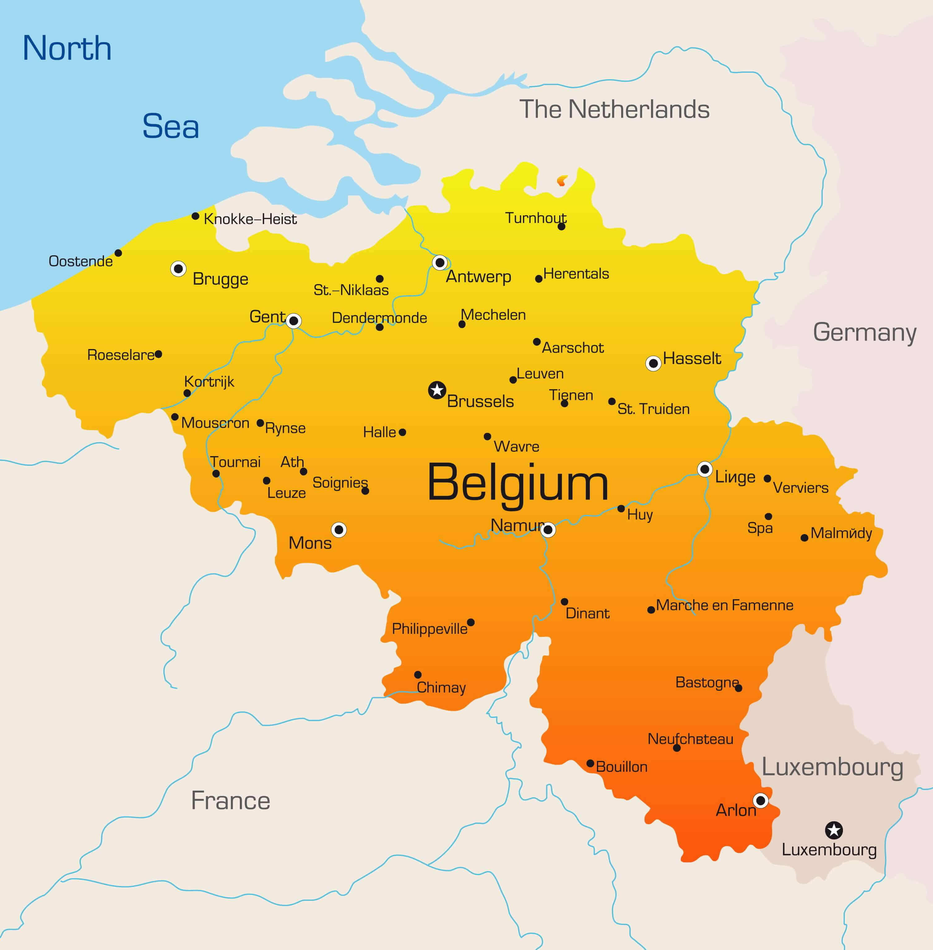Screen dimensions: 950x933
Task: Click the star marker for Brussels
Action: pyautogui.click(x=437, y=391)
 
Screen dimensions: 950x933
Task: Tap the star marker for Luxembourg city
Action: pyautogui.click(x=834, y=831)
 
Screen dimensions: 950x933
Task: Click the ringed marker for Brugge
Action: pyautogui.click(x=178, y=269)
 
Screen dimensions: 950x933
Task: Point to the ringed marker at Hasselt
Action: pyautogui.click(x=653, y=364)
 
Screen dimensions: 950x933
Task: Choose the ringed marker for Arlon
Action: pyautogui.click(x=761, y=801)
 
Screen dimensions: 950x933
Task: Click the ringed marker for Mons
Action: pyautogui.click(x=339, y=530)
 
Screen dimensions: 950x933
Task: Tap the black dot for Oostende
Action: pyautogui.click(x=118, y=253)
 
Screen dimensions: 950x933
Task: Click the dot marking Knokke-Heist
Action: pyautogui.click(x=195, y=216)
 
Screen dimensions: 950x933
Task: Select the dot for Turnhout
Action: pyautogui.click(x=562, y=226)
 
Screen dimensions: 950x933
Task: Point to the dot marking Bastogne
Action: pyautogui.click(x=738, y=688)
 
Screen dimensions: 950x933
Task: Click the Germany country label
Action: pyautogui.click(x=864, y=333)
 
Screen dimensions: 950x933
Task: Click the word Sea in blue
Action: pyautogui.click(x=171, y=126)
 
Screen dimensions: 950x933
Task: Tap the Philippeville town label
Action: pyautogui.click(x=429, y=628)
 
